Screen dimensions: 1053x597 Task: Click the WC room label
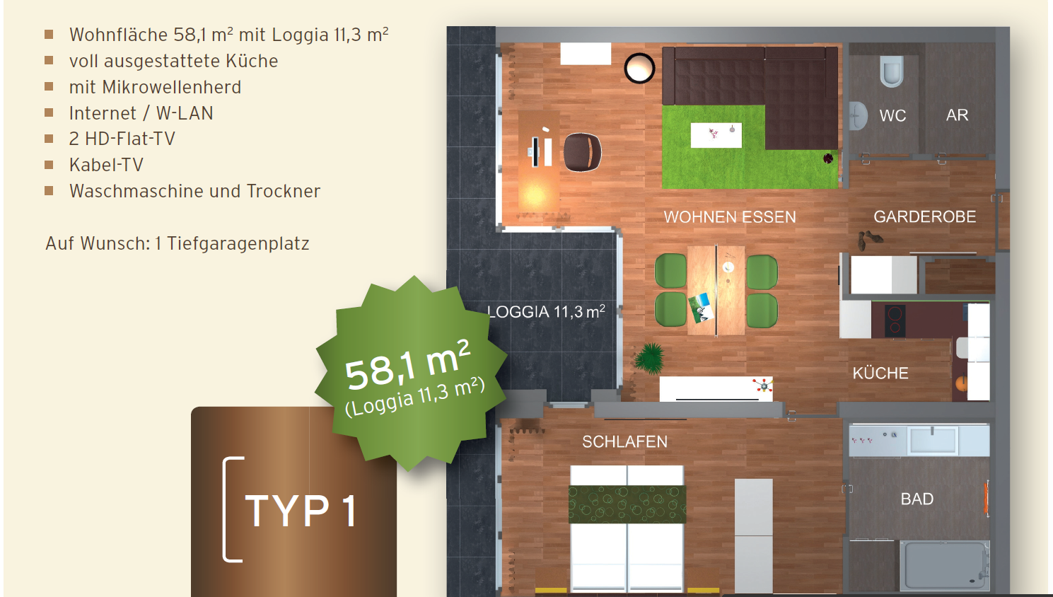892,115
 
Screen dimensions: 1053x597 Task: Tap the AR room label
957,115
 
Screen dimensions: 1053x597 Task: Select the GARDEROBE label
925,216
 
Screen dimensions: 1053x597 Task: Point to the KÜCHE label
880,373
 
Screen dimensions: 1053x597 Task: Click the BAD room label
917,499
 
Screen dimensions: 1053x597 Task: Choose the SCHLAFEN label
624,442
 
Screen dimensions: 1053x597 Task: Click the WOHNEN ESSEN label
730,217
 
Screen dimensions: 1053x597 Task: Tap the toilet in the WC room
891,71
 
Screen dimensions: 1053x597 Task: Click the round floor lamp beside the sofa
639,69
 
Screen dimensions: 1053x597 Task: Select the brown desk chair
582,152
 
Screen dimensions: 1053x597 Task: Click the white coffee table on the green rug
716,135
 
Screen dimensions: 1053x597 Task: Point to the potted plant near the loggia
650,358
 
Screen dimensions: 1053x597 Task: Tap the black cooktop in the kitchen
895,320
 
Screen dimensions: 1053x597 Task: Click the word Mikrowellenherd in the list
172,87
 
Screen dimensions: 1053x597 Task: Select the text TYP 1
301,511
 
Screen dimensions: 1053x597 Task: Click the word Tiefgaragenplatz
238,243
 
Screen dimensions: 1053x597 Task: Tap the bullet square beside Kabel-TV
49,165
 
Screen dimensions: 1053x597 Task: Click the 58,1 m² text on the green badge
407,365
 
